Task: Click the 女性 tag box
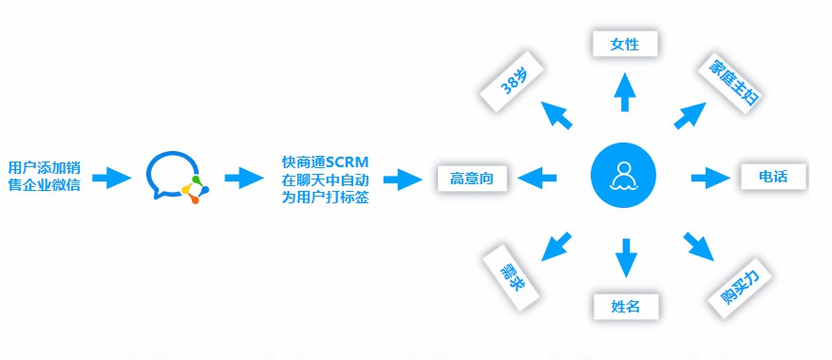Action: click(624, 44)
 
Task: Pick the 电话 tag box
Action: click(773, 176)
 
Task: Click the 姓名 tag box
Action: click(624, 306)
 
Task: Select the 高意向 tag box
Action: click(472, 177)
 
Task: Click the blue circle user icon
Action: click(624, 177)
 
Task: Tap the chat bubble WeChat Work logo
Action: click(176, 177)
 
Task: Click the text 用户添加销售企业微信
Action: click(44, 177)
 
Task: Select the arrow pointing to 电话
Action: click(708, 177)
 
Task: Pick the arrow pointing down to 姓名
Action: click(624, 257)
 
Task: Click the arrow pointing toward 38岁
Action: click(558, 115)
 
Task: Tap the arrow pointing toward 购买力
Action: click(698, 246)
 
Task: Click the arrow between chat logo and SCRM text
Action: click(243, 177)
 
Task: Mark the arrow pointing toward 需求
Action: click(556, 245)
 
